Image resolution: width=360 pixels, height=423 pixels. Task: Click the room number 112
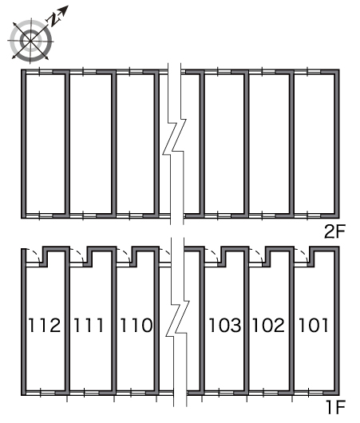[x=45, y=325]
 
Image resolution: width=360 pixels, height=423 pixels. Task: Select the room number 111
[x=89, y=325]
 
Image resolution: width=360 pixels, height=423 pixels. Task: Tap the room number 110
[x=136, y=325]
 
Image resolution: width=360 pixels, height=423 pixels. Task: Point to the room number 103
[x=225, y=325]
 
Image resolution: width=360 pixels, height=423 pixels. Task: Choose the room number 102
[x=268, y=325]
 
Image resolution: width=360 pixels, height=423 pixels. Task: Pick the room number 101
[x=314, y=325]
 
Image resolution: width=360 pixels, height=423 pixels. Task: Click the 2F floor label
[x=334, y=231]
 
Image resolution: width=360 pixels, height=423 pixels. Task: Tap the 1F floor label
[x=336, y=407]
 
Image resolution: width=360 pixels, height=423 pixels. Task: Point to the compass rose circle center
[x=31, y=41]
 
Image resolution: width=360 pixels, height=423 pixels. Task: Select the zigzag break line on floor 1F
[x=177, y=321]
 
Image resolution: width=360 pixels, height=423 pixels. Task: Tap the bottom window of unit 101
[x=308, y=393]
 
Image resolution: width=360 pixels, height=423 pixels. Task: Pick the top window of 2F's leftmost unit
[x=39, y=72]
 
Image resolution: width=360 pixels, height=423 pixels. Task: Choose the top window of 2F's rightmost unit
[x=307, y=72]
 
